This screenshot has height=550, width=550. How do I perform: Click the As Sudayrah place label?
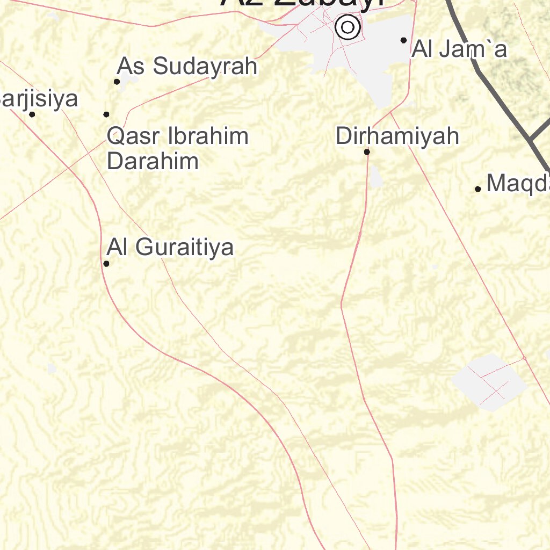pos(187,67)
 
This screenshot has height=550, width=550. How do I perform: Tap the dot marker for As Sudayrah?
pos(117,82)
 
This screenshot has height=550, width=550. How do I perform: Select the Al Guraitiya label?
pos(170,248)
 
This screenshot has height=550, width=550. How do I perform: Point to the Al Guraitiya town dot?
pos(106,264)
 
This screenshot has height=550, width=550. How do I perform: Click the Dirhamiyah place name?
pos(397,136)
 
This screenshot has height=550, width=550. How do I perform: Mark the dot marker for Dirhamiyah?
pos(367,152)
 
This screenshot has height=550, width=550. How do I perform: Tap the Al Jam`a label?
pos(459,50)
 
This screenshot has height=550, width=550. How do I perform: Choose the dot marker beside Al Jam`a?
pos(403,40)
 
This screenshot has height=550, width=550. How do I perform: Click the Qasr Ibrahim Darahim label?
pos(177,148)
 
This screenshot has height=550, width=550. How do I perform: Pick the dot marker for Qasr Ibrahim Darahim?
pos(106,114)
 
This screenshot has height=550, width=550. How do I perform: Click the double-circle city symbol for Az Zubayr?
pos(348,27)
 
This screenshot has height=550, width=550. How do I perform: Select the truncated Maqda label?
pos(518,184)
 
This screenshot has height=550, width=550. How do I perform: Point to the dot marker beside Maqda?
pos(477,189)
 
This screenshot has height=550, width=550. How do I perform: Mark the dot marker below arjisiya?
pos(32,114)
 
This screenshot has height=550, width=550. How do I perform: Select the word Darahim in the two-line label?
pos(153,161)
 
